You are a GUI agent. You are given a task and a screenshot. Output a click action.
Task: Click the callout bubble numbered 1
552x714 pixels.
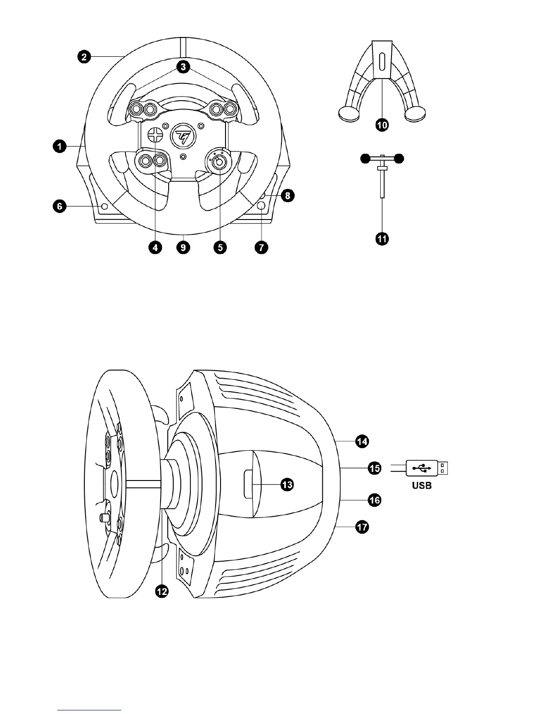click(60, 146)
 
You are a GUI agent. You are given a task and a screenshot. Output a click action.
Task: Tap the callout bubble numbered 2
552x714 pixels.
click(84, 57)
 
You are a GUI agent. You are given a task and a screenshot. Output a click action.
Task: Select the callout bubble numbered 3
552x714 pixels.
click(182, 67)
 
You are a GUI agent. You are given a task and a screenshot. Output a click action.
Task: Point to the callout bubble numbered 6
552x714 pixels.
click(60, 207)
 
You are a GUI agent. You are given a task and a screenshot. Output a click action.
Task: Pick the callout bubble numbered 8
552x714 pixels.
click(287, 196)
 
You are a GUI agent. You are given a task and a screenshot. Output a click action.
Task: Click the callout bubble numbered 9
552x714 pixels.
click(184, 247)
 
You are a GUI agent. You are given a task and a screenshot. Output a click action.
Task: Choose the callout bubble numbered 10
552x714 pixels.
click(382, 125)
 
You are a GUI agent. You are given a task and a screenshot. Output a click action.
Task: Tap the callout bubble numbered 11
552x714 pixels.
click(382, 239)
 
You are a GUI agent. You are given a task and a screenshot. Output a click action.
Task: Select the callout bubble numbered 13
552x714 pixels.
click(287, 485)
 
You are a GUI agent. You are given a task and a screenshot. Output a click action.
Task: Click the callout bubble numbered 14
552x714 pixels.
click(362, 441)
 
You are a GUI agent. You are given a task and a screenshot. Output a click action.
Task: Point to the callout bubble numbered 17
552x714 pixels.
click(362, 526)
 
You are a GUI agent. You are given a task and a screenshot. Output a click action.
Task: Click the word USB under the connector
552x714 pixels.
click(422, 486)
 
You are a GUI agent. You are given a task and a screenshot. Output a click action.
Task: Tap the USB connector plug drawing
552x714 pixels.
click(427, 468)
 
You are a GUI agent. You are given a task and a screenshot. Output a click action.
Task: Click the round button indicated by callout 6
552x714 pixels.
click(105, 206)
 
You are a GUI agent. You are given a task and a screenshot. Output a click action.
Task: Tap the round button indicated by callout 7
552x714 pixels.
click(261, 206)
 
